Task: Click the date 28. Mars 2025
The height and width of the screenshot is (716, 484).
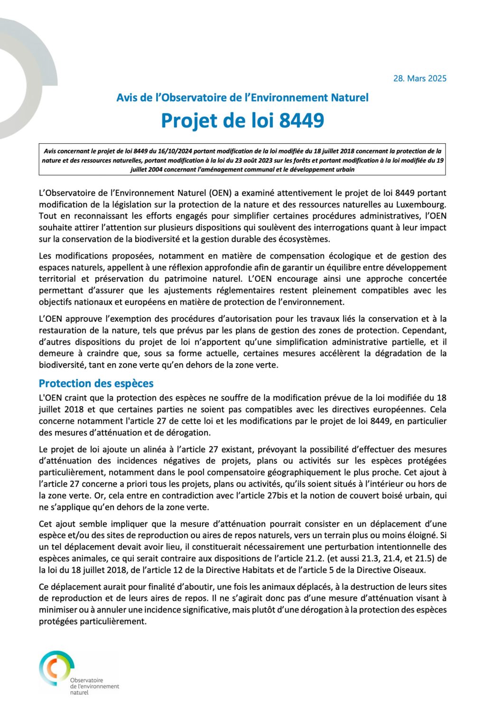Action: [x=419, y=79]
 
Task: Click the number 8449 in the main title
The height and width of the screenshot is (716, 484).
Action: [x=301, y=120]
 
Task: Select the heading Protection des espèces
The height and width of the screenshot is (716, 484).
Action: [x=96, y=383]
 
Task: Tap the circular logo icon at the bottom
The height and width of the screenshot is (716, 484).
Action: [x=56, y=668]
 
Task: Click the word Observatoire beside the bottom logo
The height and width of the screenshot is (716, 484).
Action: [x=86, y=680]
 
